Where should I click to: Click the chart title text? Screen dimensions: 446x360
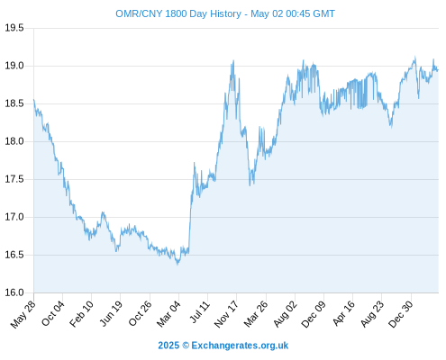point(225,13)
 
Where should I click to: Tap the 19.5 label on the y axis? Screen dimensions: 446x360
point(14,28)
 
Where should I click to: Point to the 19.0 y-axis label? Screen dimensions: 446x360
point(14,66)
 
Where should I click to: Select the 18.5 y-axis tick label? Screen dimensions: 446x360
point(14,103)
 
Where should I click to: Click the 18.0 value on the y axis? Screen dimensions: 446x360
point(14,141)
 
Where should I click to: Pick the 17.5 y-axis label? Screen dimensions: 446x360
point(14,179)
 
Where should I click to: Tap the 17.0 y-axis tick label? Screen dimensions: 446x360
point(14,217)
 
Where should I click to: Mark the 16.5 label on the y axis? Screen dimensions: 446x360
point(14,255)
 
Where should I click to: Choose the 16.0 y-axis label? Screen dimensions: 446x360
point(14,292)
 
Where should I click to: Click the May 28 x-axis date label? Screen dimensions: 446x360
point(23,314)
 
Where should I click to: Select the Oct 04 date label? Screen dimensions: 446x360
point(53,313)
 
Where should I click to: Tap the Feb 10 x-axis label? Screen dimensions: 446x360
point(81,314)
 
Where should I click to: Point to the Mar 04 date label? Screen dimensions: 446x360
point(168,314)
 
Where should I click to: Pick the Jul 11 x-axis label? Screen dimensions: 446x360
point(200,312)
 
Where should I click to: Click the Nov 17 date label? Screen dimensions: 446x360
point(226,314)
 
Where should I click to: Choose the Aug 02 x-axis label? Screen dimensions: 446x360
point(286,314)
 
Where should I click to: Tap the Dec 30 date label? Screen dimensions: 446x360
point(400,314)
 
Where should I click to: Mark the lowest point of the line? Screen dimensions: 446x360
point(177,265)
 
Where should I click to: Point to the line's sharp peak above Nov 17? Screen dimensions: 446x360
point(233,61)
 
